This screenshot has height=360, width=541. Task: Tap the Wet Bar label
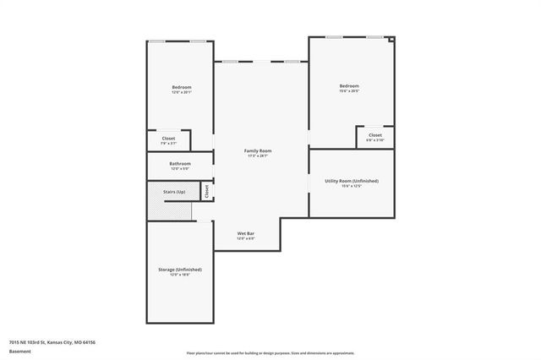(x=246, y=232)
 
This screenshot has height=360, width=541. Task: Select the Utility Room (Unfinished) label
(x=351, y=181)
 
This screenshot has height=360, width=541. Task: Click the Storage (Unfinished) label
(x=179, y=269)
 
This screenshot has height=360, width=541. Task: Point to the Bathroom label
(x=179, y=163)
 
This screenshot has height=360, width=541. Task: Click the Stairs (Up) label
(x=174, y=192)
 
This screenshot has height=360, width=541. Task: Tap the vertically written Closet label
(x=207, y=192)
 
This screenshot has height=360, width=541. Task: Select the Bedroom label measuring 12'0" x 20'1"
(x=181, y=87)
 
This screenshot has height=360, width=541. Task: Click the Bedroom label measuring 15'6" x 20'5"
(x=349, y=85)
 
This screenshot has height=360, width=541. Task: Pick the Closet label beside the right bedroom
(x=374, y=134)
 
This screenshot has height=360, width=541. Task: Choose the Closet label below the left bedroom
(x=168, y=138)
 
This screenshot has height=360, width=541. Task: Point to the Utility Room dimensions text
(x=351, y=187)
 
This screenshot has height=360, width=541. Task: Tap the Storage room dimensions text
(x=179, y=275)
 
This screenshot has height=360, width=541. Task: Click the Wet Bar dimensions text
(x=246, y=238)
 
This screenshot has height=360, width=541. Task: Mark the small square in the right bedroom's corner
(x=391, y=39)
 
